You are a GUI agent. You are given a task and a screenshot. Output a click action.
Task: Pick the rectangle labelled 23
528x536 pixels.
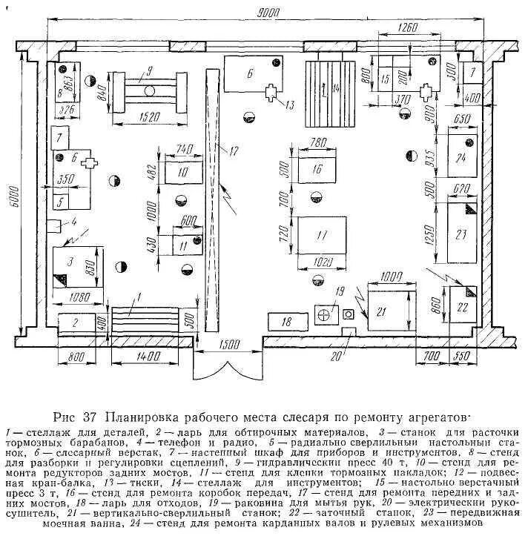click(x=461, y=234)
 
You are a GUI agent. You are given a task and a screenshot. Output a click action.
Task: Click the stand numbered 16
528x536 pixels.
click(x=317, y=168)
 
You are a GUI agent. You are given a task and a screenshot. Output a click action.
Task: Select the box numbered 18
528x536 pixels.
click(x=287, y=321)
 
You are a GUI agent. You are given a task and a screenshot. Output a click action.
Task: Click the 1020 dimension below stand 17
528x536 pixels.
click(x=317, y=262)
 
